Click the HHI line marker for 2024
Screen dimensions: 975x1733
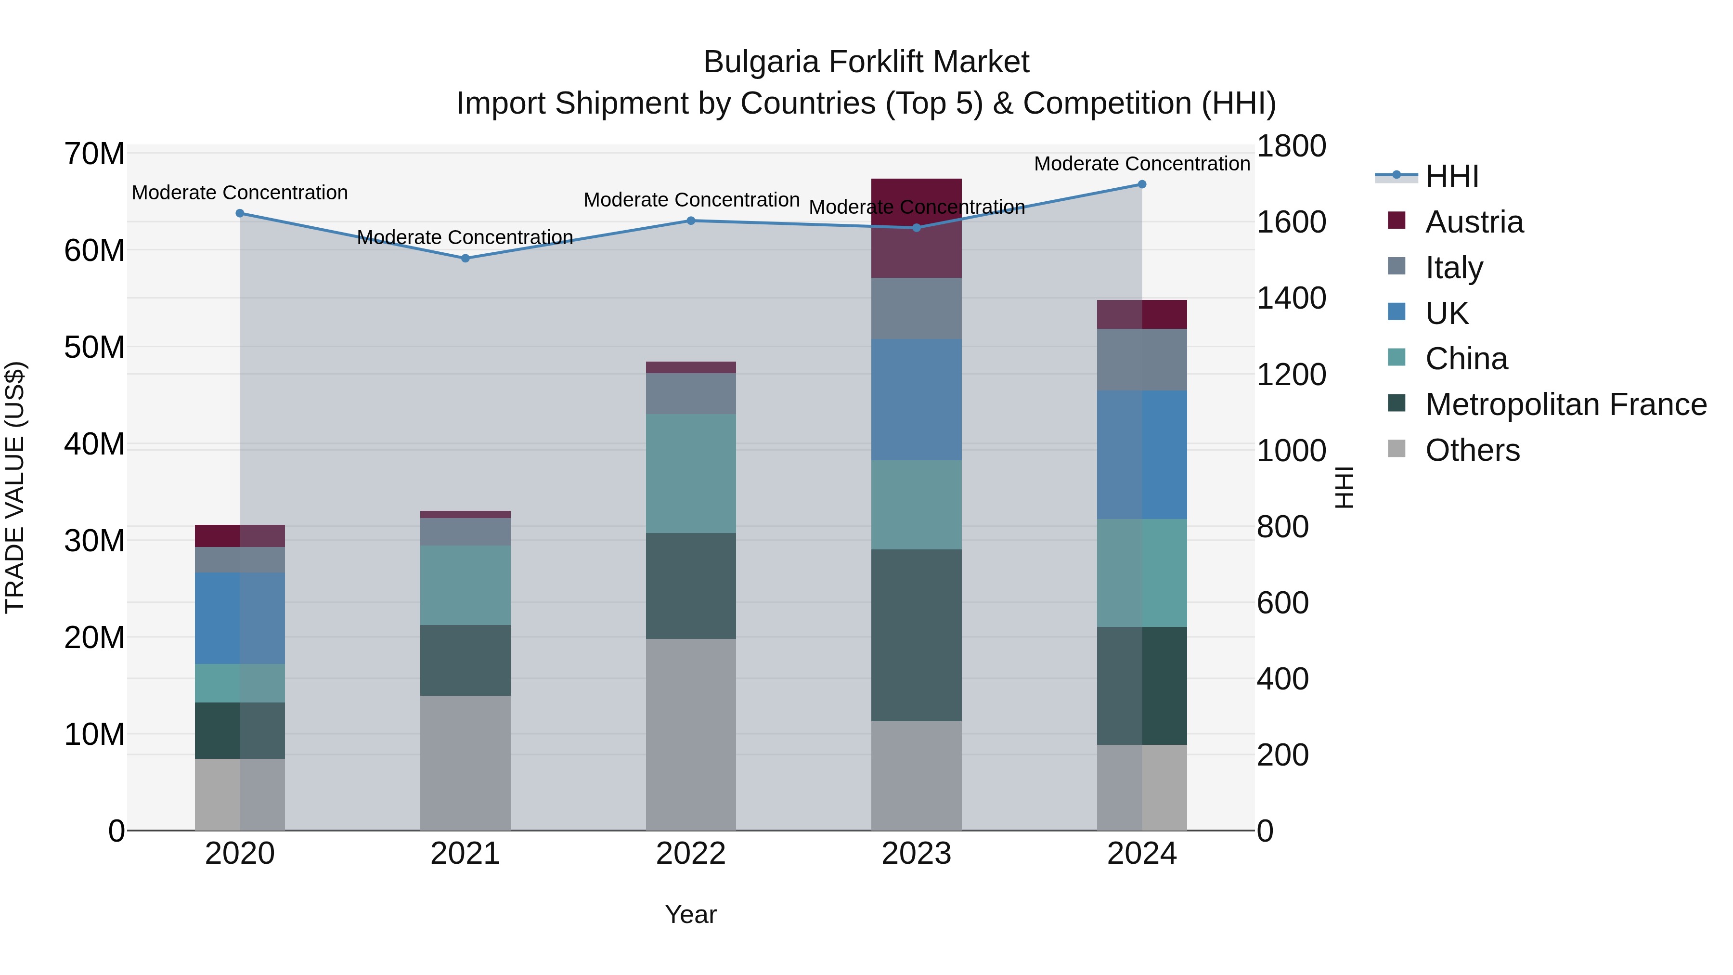[x=1142, y=184]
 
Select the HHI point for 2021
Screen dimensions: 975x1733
[x=465, y=259]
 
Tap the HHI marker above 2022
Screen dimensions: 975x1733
[x=691, y=221]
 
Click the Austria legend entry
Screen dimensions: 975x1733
[x=1474, y=222]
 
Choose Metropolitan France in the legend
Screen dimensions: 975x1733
[x=1565, y=404]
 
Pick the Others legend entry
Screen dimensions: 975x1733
[x=1472, y=450]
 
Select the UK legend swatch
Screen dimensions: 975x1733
[x=1397, y=312]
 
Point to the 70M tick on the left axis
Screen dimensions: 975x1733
[x=94, y=154]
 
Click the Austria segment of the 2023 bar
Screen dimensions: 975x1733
[x=916, y=228]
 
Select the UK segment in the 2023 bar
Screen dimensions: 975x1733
[x=916, y=400]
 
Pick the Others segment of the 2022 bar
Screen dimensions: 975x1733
[x=691, y=734]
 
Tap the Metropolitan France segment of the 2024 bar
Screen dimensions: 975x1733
[x=1142, y=686]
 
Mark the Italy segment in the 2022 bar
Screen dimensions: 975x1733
[x=691, y=394]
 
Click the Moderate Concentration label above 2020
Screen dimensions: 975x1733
[x=240, y=193]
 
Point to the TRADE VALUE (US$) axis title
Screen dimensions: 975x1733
[x=15, y=487]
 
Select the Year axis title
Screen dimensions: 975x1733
[x=691, y=914]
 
